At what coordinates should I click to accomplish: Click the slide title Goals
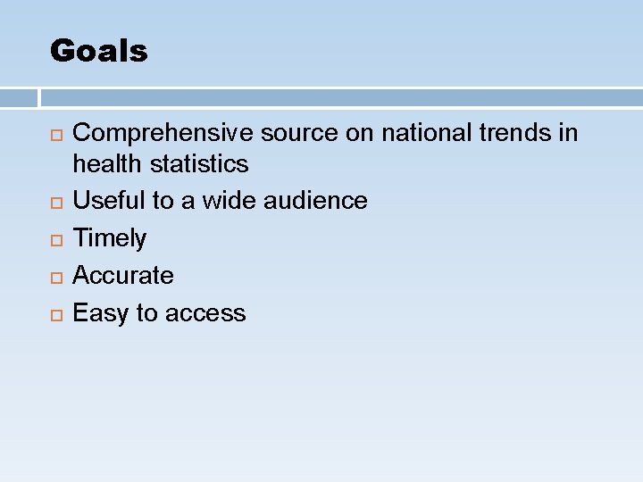click(98, 51)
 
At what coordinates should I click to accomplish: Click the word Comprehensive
click(163, 134)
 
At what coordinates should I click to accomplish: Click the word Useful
click(109, 201)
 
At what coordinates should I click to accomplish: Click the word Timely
click(109, 238)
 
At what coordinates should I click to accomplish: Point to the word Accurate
click(123, 276)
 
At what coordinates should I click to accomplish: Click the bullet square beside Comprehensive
click(56, 135)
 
